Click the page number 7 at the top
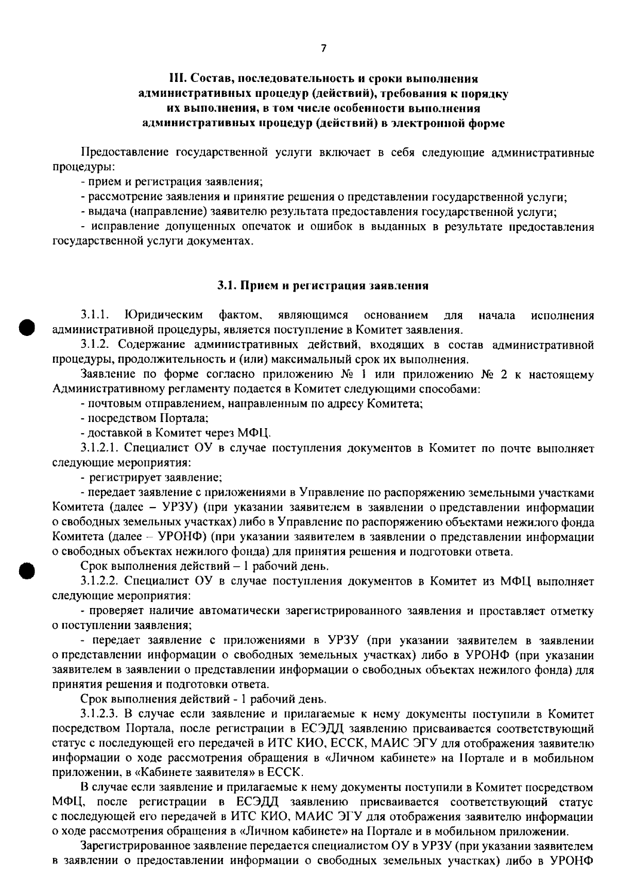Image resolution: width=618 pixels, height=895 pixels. (x=323, y=49)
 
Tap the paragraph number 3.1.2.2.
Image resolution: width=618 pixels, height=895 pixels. (x=100, y=582)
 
